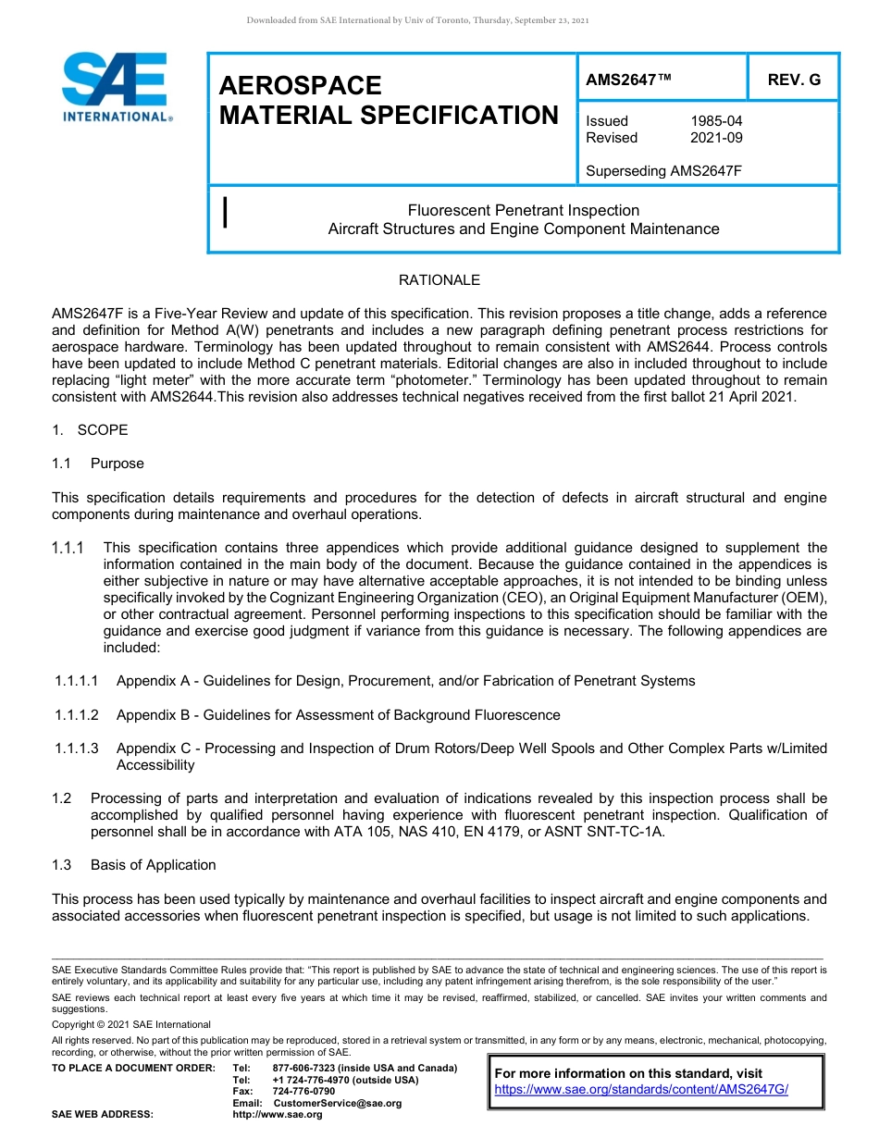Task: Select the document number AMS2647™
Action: (x=628, y=80)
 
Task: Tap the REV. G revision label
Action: (x=793, y=80)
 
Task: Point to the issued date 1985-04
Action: (x=716, y=121)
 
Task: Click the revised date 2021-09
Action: (x=716, y=138)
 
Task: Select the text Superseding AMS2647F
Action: (x=664, y=170)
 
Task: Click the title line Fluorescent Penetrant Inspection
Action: (x=523, y=211)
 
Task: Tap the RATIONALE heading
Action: (x=439, y=280)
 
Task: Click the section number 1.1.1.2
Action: (x=80, y=715)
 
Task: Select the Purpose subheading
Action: (x=117, y=464)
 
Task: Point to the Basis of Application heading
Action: (x=153, y=865)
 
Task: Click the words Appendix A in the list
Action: (x=153, y=681)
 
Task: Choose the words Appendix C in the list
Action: (x=153, y=748)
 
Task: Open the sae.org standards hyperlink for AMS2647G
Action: (x=640, y=1089)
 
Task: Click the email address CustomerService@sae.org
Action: (x=338, y=1103)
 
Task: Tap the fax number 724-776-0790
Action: (x=303, y=1092)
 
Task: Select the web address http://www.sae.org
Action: (x=278, y=1115)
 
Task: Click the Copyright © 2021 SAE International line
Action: (x=131, y=1024)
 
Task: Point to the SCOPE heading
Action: (x=103, y=430)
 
